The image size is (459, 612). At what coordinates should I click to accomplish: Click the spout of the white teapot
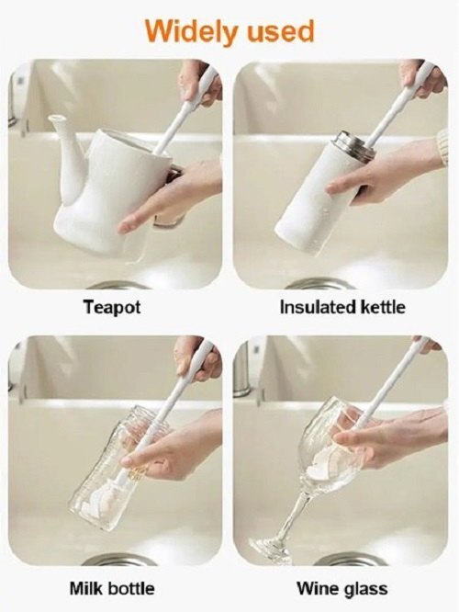(x=58, y=129)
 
